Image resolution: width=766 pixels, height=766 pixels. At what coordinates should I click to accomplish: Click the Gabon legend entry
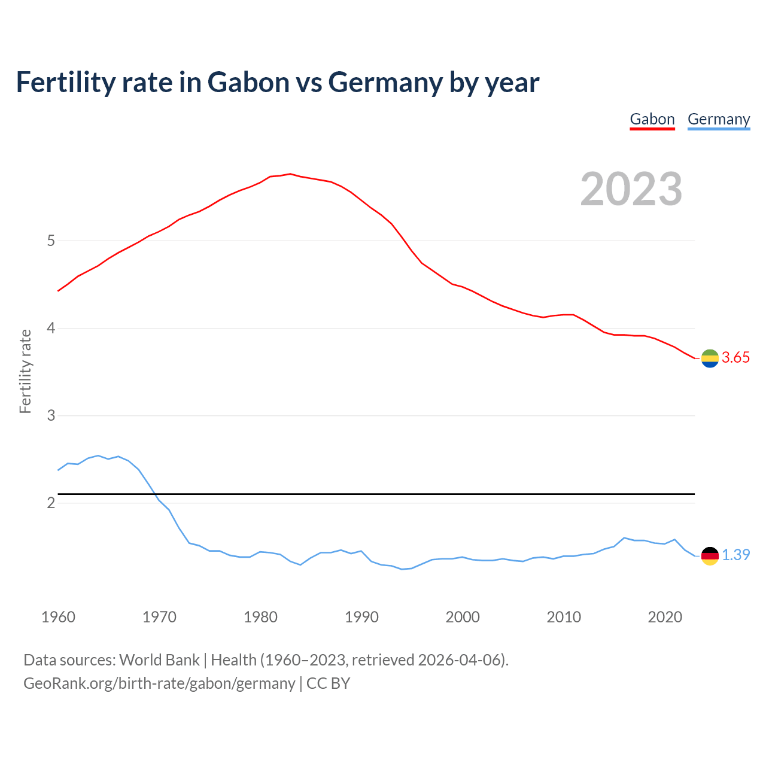point(652,120)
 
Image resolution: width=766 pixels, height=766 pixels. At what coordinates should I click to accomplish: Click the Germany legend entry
point(719,120)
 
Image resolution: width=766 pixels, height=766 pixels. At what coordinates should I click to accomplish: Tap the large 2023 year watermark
point(631,189)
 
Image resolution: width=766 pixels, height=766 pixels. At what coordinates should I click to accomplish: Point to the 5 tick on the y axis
point(51,241)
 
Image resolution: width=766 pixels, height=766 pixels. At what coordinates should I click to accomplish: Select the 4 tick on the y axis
point(51,329)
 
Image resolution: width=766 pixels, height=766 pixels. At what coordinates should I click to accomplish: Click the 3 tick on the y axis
point(51,416)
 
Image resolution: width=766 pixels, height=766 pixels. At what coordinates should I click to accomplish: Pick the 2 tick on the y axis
point(51,503)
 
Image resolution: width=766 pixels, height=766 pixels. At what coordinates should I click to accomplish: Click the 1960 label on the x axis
point(58,617)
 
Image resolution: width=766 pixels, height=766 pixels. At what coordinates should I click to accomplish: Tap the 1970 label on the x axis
point(159,617)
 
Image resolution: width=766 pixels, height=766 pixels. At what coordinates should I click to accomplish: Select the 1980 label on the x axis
point(260,617)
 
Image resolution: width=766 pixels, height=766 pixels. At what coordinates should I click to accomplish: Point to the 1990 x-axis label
point(361,617)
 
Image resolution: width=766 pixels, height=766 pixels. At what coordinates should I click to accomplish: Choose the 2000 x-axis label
point(463,617)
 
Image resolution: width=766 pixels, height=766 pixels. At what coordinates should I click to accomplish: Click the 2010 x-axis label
point(564,617)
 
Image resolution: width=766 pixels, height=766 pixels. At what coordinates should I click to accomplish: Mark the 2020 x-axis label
point(665,617)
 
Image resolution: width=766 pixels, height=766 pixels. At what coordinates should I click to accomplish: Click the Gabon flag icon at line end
point(710,358)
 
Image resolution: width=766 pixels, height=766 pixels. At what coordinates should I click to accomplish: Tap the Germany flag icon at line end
point(710,556)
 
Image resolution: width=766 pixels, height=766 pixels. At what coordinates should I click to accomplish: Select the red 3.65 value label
point(735,358)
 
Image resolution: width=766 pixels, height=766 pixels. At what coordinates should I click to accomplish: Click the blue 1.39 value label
point(735,555)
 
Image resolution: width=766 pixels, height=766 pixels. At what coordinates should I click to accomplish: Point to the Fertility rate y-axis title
point(25,371)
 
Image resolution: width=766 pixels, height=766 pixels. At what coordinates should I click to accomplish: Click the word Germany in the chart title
point(385,83)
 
